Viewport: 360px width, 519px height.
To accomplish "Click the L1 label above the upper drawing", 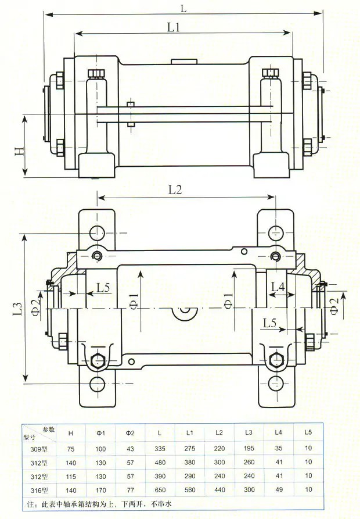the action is [x=173, y=27].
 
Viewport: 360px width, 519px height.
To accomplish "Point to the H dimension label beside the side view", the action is [x=20, y=151].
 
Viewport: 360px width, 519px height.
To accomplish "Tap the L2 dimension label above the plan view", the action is [x=175, y=189].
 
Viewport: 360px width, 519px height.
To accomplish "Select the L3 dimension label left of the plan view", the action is [x=17, y=309].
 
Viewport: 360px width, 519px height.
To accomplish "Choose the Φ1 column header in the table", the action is [x=101, y=433].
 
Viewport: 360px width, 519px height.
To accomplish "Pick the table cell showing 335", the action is [x=160, y=449].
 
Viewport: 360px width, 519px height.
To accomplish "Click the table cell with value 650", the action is [x=160, y=489].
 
